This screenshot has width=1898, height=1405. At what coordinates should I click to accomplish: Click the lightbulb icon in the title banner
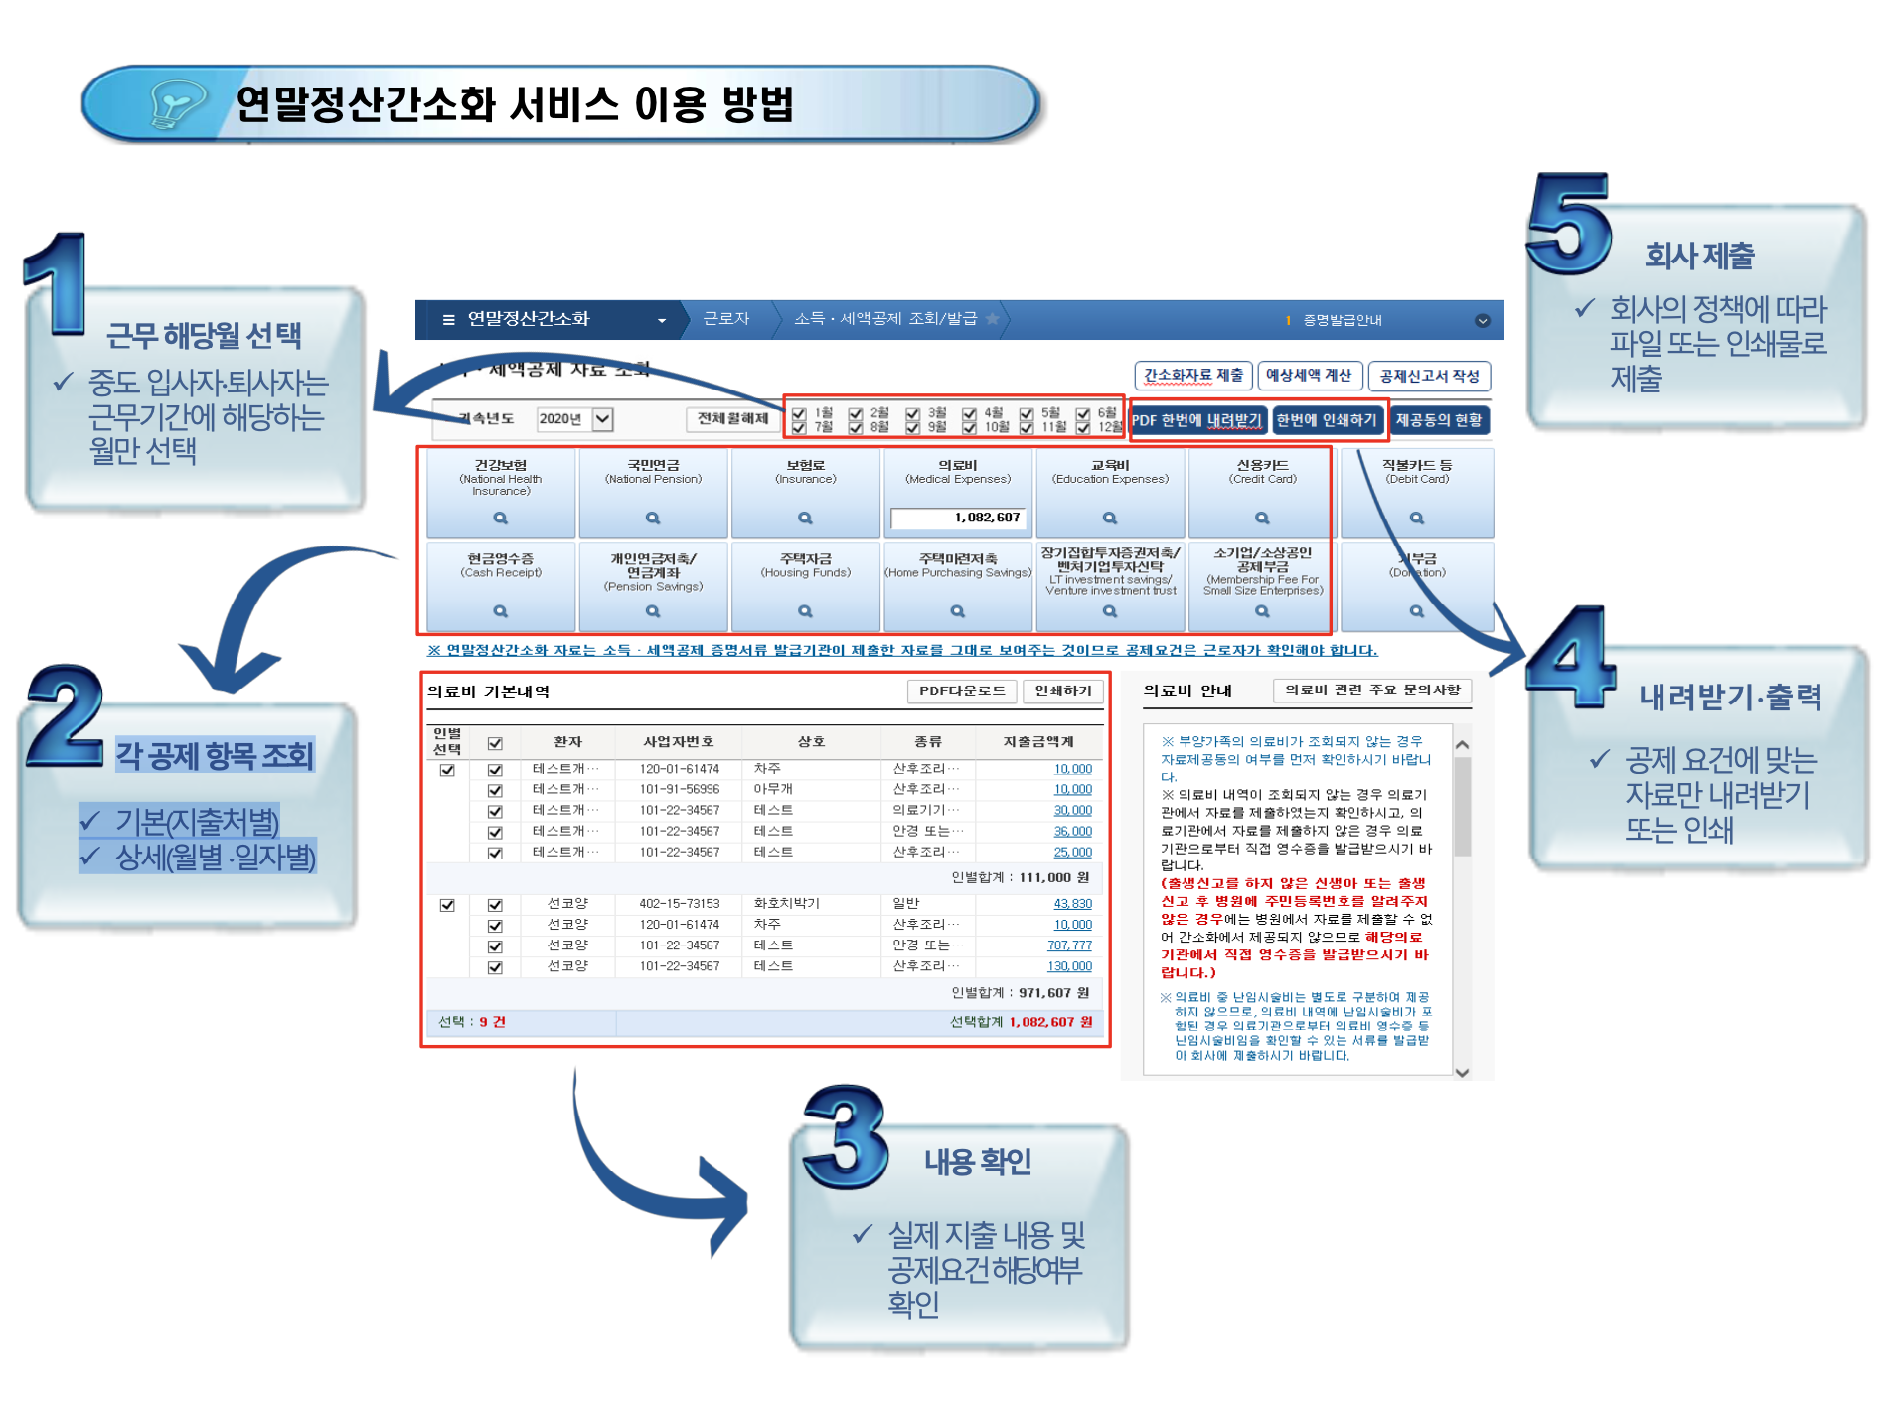(x=176, y=104)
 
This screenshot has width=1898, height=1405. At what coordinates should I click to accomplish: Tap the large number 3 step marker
(x=845, y=1137)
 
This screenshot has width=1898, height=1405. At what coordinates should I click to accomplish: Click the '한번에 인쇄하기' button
(x=1327, y=420)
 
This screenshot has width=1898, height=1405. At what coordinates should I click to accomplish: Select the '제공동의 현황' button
(x=1438, y=420)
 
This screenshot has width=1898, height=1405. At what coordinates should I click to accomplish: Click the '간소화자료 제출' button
(x=1192, y=376)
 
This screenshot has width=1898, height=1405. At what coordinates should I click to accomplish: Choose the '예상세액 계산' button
(x=1308, y=376)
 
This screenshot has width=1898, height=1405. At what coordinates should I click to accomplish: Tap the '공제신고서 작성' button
(x=1429, y=376)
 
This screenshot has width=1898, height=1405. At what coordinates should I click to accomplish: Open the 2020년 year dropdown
(x=602, y=419)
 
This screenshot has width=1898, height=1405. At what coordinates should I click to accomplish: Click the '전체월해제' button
(x=732, y=419)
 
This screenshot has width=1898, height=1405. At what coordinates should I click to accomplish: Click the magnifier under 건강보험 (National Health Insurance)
(x=501, y=518)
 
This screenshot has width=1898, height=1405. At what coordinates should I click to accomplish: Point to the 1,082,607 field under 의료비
(x=958, y=518)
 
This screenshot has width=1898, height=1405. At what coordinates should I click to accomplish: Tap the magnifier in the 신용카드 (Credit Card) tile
(x=1262, y=518)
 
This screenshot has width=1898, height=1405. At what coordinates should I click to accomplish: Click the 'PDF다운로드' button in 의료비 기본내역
(x=961, y=691)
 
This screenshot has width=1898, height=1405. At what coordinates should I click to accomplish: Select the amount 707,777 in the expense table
(x=1069, y=945)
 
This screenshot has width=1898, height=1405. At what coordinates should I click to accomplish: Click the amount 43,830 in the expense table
(x=1072, y=904)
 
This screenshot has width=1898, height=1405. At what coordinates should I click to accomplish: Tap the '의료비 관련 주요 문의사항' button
(x=1371, y=690)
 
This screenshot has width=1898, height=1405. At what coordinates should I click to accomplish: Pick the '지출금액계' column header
(x=1037, y=742)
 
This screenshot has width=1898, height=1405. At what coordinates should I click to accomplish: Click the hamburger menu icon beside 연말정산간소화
(x=448, y=320)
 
